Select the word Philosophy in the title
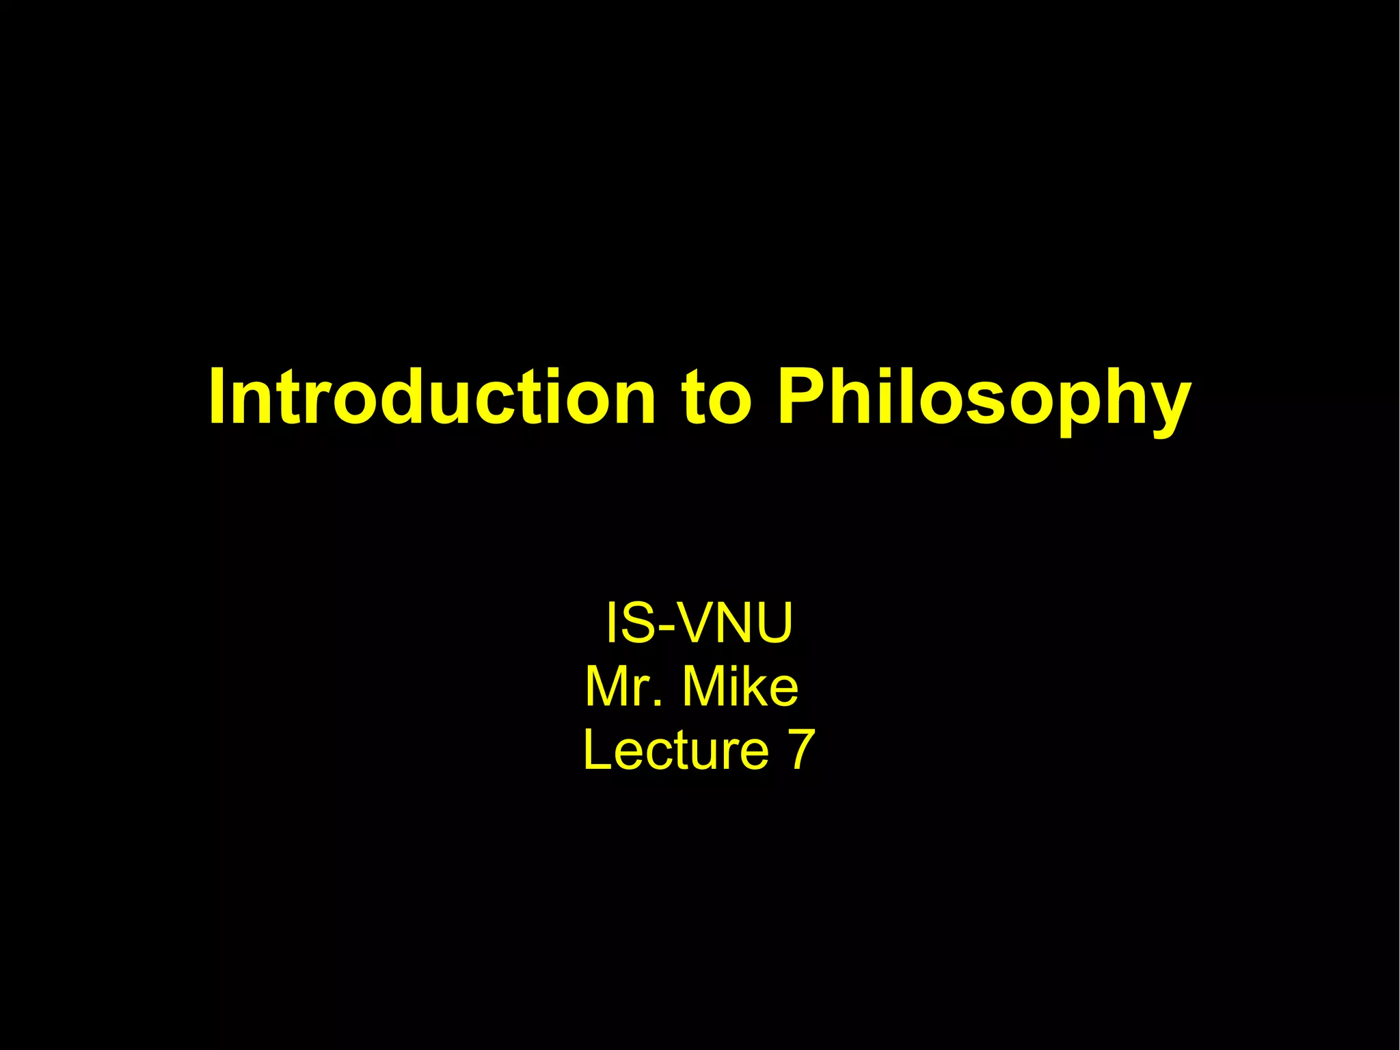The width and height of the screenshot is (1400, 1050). pos(984,400)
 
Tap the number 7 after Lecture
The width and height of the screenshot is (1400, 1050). pos(801,750)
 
